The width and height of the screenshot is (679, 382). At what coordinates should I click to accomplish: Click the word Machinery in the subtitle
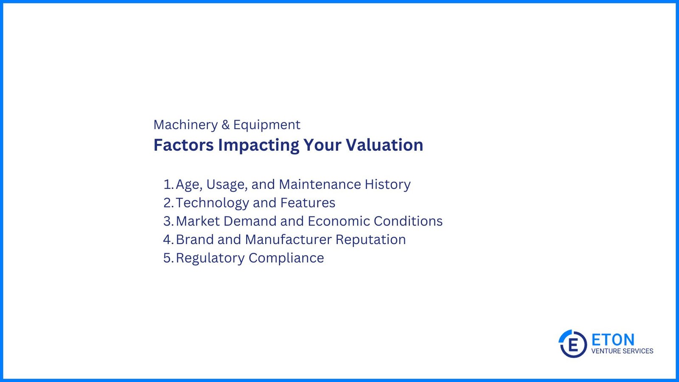click(x=185, y=125)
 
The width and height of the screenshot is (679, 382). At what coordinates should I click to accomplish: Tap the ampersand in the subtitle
click(x=225, y=125)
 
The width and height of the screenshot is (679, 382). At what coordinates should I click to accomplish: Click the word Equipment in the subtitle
click(x=267, y=125)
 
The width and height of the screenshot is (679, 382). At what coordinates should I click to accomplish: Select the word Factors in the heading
click(x=183, y=145)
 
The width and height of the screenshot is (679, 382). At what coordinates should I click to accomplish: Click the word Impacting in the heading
click(x=258, y=145)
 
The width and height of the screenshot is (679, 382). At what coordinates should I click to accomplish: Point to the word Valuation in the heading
click(x=384, y=145)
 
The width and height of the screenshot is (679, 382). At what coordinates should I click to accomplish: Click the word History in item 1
click(x=387, y=185)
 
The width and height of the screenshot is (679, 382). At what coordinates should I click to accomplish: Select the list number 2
click(x=168, y=203)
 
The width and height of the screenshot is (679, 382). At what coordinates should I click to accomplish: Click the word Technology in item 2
click(x=212, y=203)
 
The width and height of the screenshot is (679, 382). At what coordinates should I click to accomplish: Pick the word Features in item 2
click(x=308, y=203)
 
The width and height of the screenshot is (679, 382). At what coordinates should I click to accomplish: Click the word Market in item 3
click(x=197, y=221)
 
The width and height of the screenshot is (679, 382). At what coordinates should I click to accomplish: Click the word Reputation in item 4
click(x=370, y=240)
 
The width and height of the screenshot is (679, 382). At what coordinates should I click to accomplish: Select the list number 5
click(x=168, y=258)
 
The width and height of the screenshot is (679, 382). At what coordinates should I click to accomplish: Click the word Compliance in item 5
click(x=286, y=258)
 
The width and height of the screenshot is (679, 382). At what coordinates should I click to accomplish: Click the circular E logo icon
click(x=572, y=344)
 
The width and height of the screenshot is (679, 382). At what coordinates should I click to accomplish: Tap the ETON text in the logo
click(x=613, y=340)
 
